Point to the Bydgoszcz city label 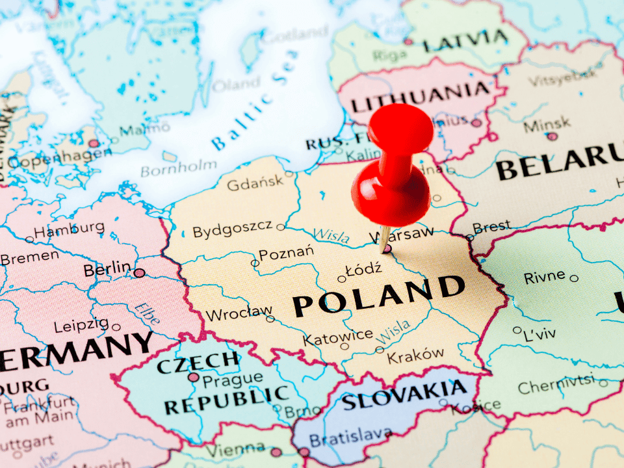point(232,229)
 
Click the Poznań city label point(286,253)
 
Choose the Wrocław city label point(239,315)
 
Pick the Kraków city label point(416,355)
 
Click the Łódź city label point(363,269)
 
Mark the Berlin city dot point(139,273)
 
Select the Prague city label point(233,378)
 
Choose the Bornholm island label point(178,168)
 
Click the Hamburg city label point(68,229)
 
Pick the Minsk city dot point(552,136)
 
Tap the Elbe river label point(147,313)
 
